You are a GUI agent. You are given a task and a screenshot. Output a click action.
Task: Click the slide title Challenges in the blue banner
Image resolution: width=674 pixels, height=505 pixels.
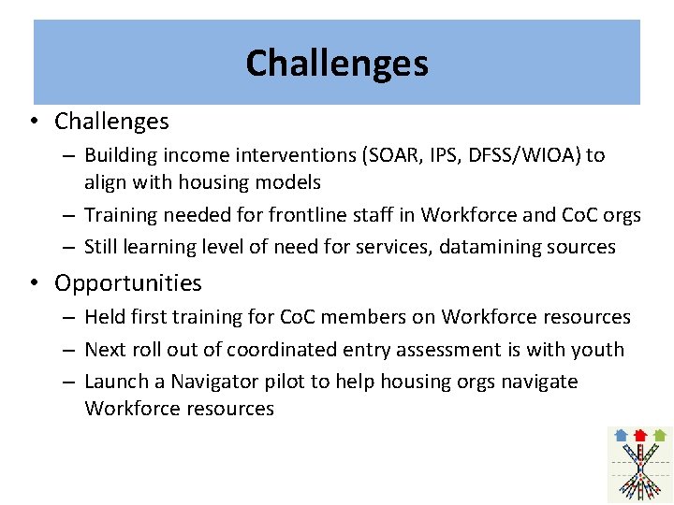(337, 64)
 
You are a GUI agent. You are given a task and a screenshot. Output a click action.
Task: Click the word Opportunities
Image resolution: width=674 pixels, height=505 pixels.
(128, 282)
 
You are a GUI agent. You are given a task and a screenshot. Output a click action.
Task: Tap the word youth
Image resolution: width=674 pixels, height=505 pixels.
(599, 350)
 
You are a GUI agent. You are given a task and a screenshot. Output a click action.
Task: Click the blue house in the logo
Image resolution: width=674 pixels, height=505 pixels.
(621, 435)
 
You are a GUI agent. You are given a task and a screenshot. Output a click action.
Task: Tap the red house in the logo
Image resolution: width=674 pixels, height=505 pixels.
(640, 435)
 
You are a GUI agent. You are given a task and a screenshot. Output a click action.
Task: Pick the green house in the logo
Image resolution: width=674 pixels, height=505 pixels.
(660, 435)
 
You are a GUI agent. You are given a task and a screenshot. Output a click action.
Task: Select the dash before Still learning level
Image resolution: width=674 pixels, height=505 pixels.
(71, 248)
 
